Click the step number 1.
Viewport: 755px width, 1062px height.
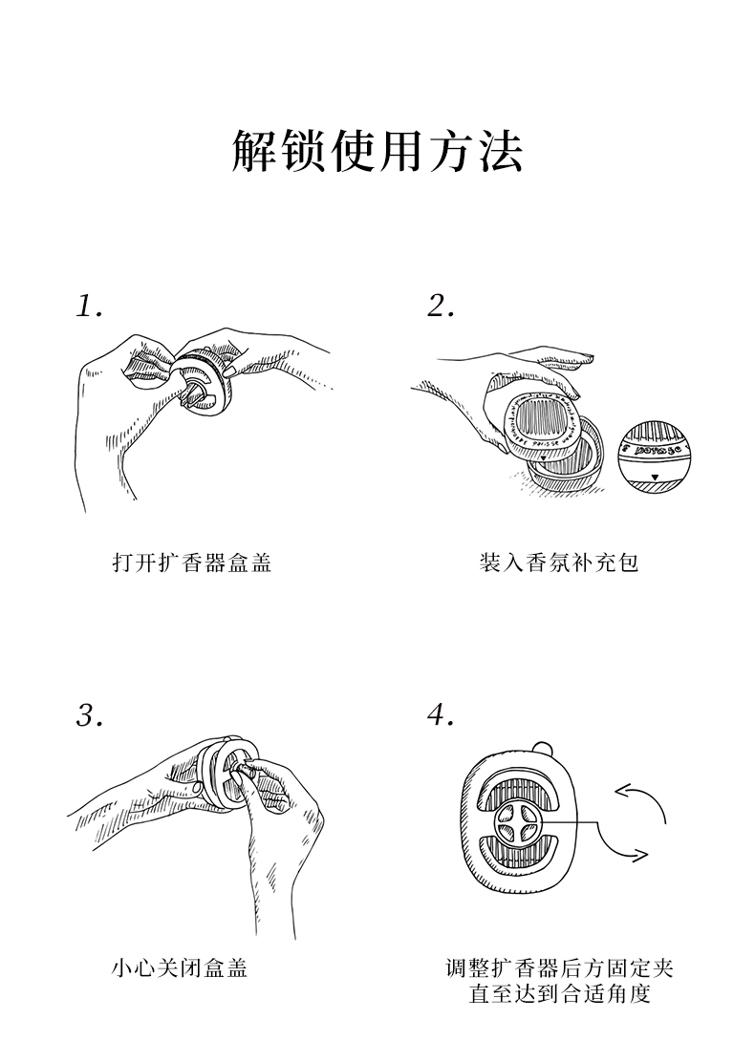89,307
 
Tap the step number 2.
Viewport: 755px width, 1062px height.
441,307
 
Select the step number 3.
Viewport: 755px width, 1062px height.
89,715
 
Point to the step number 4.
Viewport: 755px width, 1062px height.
441,715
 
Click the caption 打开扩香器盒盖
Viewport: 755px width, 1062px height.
192,563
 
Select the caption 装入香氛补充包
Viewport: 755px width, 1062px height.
559,563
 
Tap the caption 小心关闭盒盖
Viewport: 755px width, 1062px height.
180,968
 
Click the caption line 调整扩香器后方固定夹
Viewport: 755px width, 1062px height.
560,968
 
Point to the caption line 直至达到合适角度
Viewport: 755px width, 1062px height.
560,994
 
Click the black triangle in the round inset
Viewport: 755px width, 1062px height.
655,475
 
